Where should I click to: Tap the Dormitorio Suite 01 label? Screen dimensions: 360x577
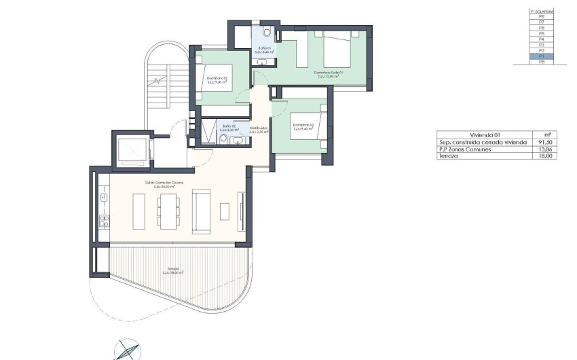(328, 73)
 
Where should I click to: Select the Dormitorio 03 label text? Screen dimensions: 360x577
(302, 126)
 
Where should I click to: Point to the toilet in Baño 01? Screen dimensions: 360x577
(268, 32)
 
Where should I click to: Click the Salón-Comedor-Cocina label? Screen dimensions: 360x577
(164, 183)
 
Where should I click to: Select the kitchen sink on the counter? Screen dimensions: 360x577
(104, 197)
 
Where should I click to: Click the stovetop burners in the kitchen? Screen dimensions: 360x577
(104, 220)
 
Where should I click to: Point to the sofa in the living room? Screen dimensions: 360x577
(201, 211)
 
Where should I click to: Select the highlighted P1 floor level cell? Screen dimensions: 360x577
(542, 56)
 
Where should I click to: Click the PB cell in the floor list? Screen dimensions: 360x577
(542, 62)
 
